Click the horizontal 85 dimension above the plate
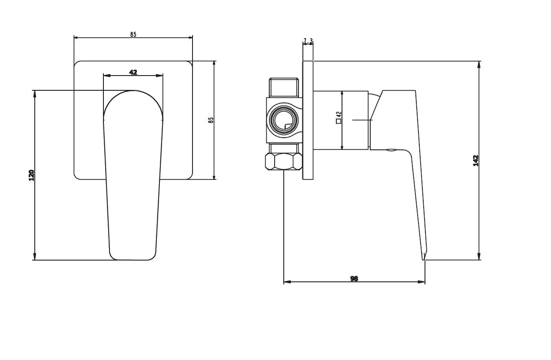(133, 34)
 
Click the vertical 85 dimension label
(211, 120)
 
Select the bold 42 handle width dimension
(133, 72)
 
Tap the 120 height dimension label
(32, 175)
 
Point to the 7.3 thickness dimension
(308, 41)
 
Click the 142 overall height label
(476, 161)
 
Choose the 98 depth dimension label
(354, 279)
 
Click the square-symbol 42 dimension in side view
(339, 117)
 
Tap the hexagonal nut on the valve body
(284, 161)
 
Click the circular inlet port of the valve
(284, 120)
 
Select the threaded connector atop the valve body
(284, 87)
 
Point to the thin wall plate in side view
(308, 120)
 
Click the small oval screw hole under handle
(391, 150)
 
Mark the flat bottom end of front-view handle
(133, 260)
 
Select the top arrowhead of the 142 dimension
(479, 65)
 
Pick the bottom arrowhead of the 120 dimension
(35, 256)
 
